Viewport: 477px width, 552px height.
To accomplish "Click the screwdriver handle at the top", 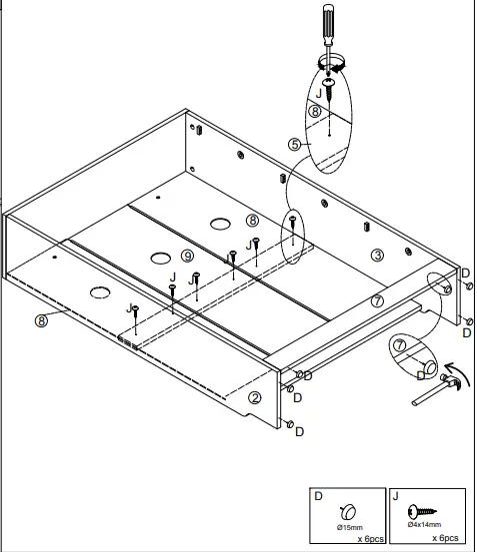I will point(327,22).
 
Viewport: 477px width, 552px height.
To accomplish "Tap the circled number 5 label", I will point(294,145).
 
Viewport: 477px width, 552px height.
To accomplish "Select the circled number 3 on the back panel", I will point(377,255).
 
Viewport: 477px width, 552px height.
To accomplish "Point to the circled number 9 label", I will point(187,257).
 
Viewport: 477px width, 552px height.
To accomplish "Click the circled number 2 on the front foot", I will point(255,397).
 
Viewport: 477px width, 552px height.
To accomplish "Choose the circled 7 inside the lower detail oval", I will point(399,345).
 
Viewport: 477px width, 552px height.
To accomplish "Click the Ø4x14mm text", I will point(424,525).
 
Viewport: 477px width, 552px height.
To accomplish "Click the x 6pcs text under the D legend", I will point(371,539).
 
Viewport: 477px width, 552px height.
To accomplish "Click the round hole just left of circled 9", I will point(159,259).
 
